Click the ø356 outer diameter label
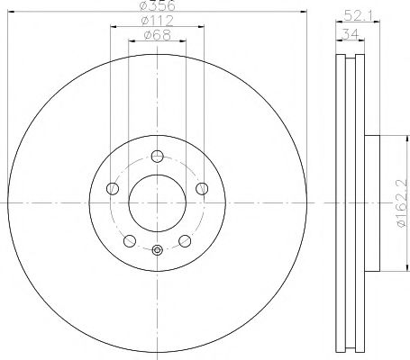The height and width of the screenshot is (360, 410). [157, 8]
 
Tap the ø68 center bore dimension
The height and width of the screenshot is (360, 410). [157, 36]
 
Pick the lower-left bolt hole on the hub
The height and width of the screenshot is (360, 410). [130, 239]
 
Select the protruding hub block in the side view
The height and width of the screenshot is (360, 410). [374, 202]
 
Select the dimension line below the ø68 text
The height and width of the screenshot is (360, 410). [157, 42]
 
